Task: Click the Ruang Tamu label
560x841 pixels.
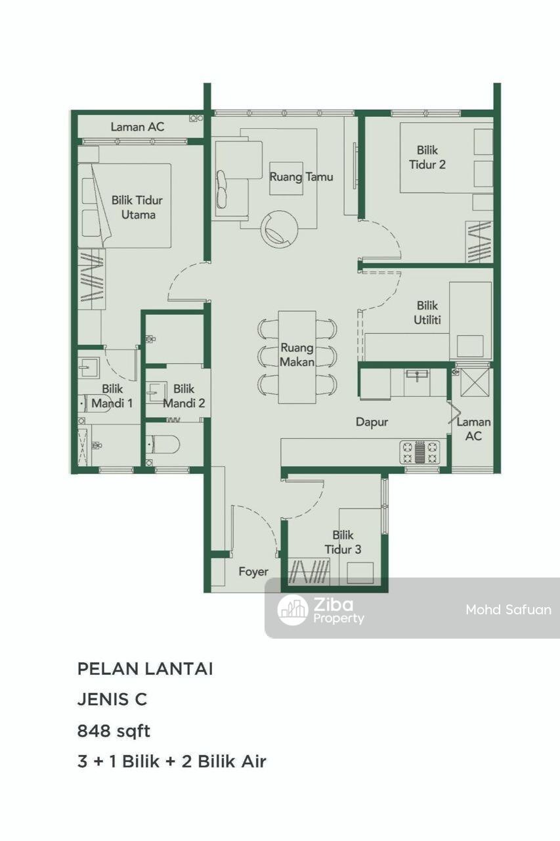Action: pos(301,177)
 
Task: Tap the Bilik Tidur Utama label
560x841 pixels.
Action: pos(137,207)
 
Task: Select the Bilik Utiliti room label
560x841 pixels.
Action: pos(427,312)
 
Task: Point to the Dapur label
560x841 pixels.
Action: pos(372,422)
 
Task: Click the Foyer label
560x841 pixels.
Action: pos(253,572)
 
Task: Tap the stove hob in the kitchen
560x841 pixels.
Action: pos(420,451)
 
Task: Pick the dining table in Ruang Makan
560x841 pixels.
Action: pos(297,357)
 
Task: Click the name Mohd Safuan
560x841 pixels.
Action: pos(508,610)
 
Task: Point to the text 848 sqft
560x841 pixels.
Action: pos(114,731)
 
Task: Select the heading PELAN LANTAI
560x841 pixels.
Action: pos(145,669)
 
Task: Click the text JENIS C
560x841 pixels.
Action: pos(112,700)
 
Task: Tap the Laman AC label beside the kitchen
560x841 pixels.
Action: pos(473,429)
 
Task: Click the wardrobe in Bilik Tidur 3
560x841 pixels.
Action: pos(309,572)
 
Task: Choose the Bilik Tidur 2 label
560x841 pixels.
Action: pos(427,157)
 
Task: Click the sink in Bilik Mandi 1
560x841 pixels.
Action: pos(89,367)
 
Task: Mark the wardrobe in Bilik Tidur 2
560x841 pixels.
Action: pos(479,242)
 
